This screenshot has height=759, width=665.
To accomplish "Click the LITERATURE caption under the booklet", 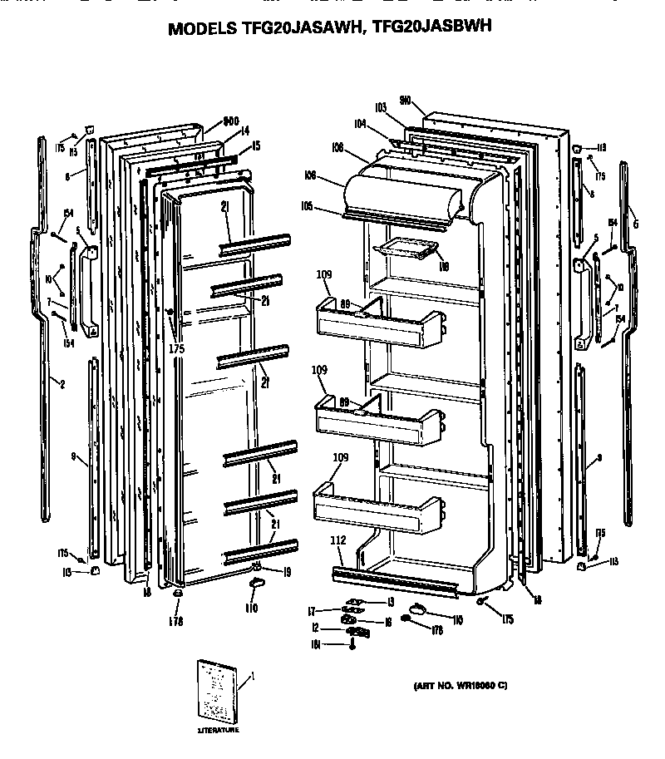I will [217, 730].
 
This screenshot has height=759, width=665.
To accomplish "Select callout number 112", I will [337, 540].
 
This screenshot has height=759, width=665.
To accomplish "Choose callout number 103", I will [382, 107].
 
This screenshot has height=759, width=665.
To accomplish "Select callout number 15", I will [255, 145].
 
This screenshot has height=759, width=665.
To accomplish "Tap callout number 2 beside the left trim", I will [62, 383].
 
